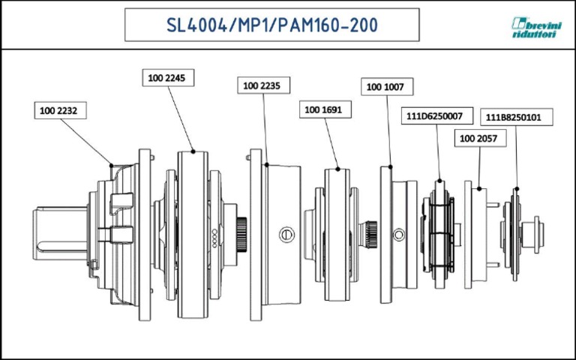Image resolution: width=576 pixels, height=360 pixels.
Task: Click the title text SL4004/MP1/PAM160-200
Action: pos(271,25)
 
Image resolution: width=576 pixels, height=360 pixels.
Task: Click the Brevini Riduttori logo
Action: pos(535,28)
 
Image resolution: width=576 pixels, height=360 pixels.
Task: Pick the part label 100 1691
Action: pos(323,109)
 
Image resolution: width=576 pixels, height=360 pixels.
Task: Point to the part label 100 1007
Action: pos(385,87)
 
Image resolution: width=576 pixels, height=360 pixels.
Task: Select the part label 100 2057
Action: pos(478,139)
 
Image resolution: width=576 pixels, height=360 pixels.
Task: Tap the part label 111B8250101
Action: pos(518,116)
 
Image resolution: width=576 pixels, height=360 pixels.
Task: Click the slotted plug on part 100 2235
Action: pos(285,235)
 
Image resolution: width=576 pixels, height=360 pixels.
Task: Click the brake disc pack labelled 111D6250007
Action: pos(439,232)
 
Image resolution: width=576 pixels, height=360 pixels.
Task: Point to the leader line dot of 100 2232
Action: pos(111,164)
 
